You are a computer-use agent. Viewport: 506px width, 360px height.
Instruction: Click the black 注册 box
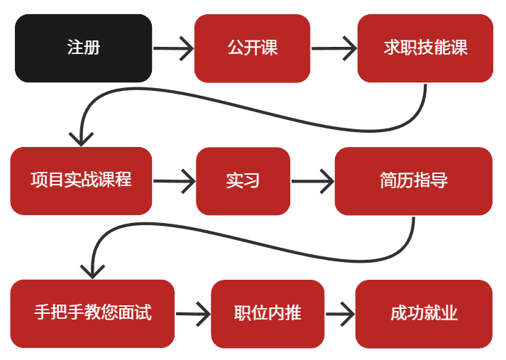(83, 48)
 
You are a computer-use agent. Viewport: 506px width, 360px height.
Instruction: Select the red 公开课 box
(252, 48)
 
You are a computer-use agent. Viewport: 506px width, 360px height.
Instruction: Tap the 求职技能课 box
(425, 48)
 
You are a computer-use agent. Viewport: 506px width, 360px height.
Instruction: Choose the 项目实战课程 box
(81, 180)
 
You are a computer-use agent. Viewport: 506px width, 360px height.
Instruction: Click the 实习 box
(243, 180)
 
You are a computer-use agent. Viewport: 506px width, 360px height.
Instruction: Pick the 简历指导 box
(413, 180)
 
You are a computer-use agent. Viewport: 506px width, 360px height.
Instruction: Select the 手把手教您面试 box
(92, 313)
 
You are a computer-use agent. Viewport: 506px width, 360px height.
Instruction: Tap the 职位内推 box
(268, 313)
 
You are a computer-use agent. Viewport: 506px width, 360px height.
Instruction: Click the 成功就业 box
(424, 313)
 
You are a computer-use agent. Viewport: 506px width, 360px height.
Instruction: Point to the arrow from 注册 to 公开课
(173, 49)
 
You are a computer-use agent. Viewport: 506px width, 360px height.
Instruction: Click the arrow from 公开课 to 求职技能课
(334, 49)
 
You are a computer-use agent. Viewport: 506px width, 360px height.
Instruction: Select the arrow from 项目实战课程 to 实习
(174, 181)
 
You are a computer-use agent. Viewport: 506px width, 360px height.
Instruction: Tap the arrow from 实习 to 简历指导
(312, 181)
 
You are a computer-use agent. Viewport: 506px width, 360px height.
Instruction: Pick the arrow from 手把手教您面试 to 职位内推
(193, 314)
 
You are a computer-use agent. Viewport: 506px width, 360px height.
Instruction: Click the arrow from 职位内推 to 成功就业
(339, 314)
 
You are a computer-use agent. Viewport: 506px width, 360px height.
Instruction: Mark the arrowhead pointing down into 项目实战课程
(81, 137)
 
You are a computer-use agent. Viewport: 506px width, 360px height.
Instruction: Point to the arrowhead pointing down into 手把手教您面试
(92, 270)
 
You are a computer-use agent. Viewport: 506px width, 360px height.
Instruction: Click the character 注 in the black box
(75, 48)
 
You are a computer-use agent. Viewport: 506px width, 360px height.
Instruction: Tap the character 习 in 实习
(251, 180)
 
